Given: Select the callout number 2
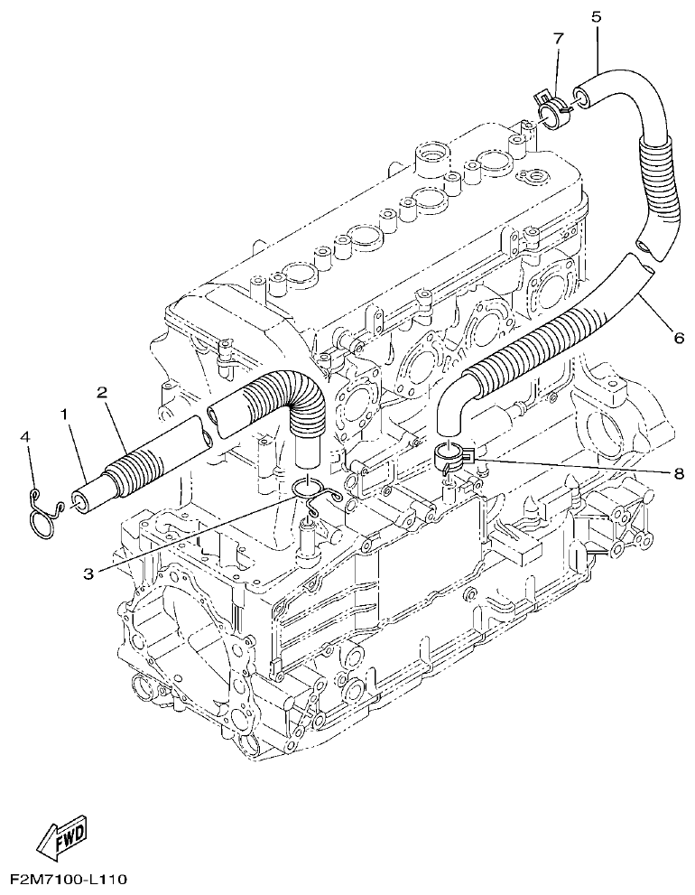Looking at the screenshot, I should pyautogui.click(x=103, y=393).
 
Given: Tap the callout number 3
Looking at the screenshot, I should pyautogui.click(x=88, y=571).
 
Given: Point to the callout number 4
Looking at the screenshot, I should pyautogui.click(x=26, y=437).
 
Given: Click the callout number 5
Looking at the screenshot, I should pyautogui.click(x=597, y=15).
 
